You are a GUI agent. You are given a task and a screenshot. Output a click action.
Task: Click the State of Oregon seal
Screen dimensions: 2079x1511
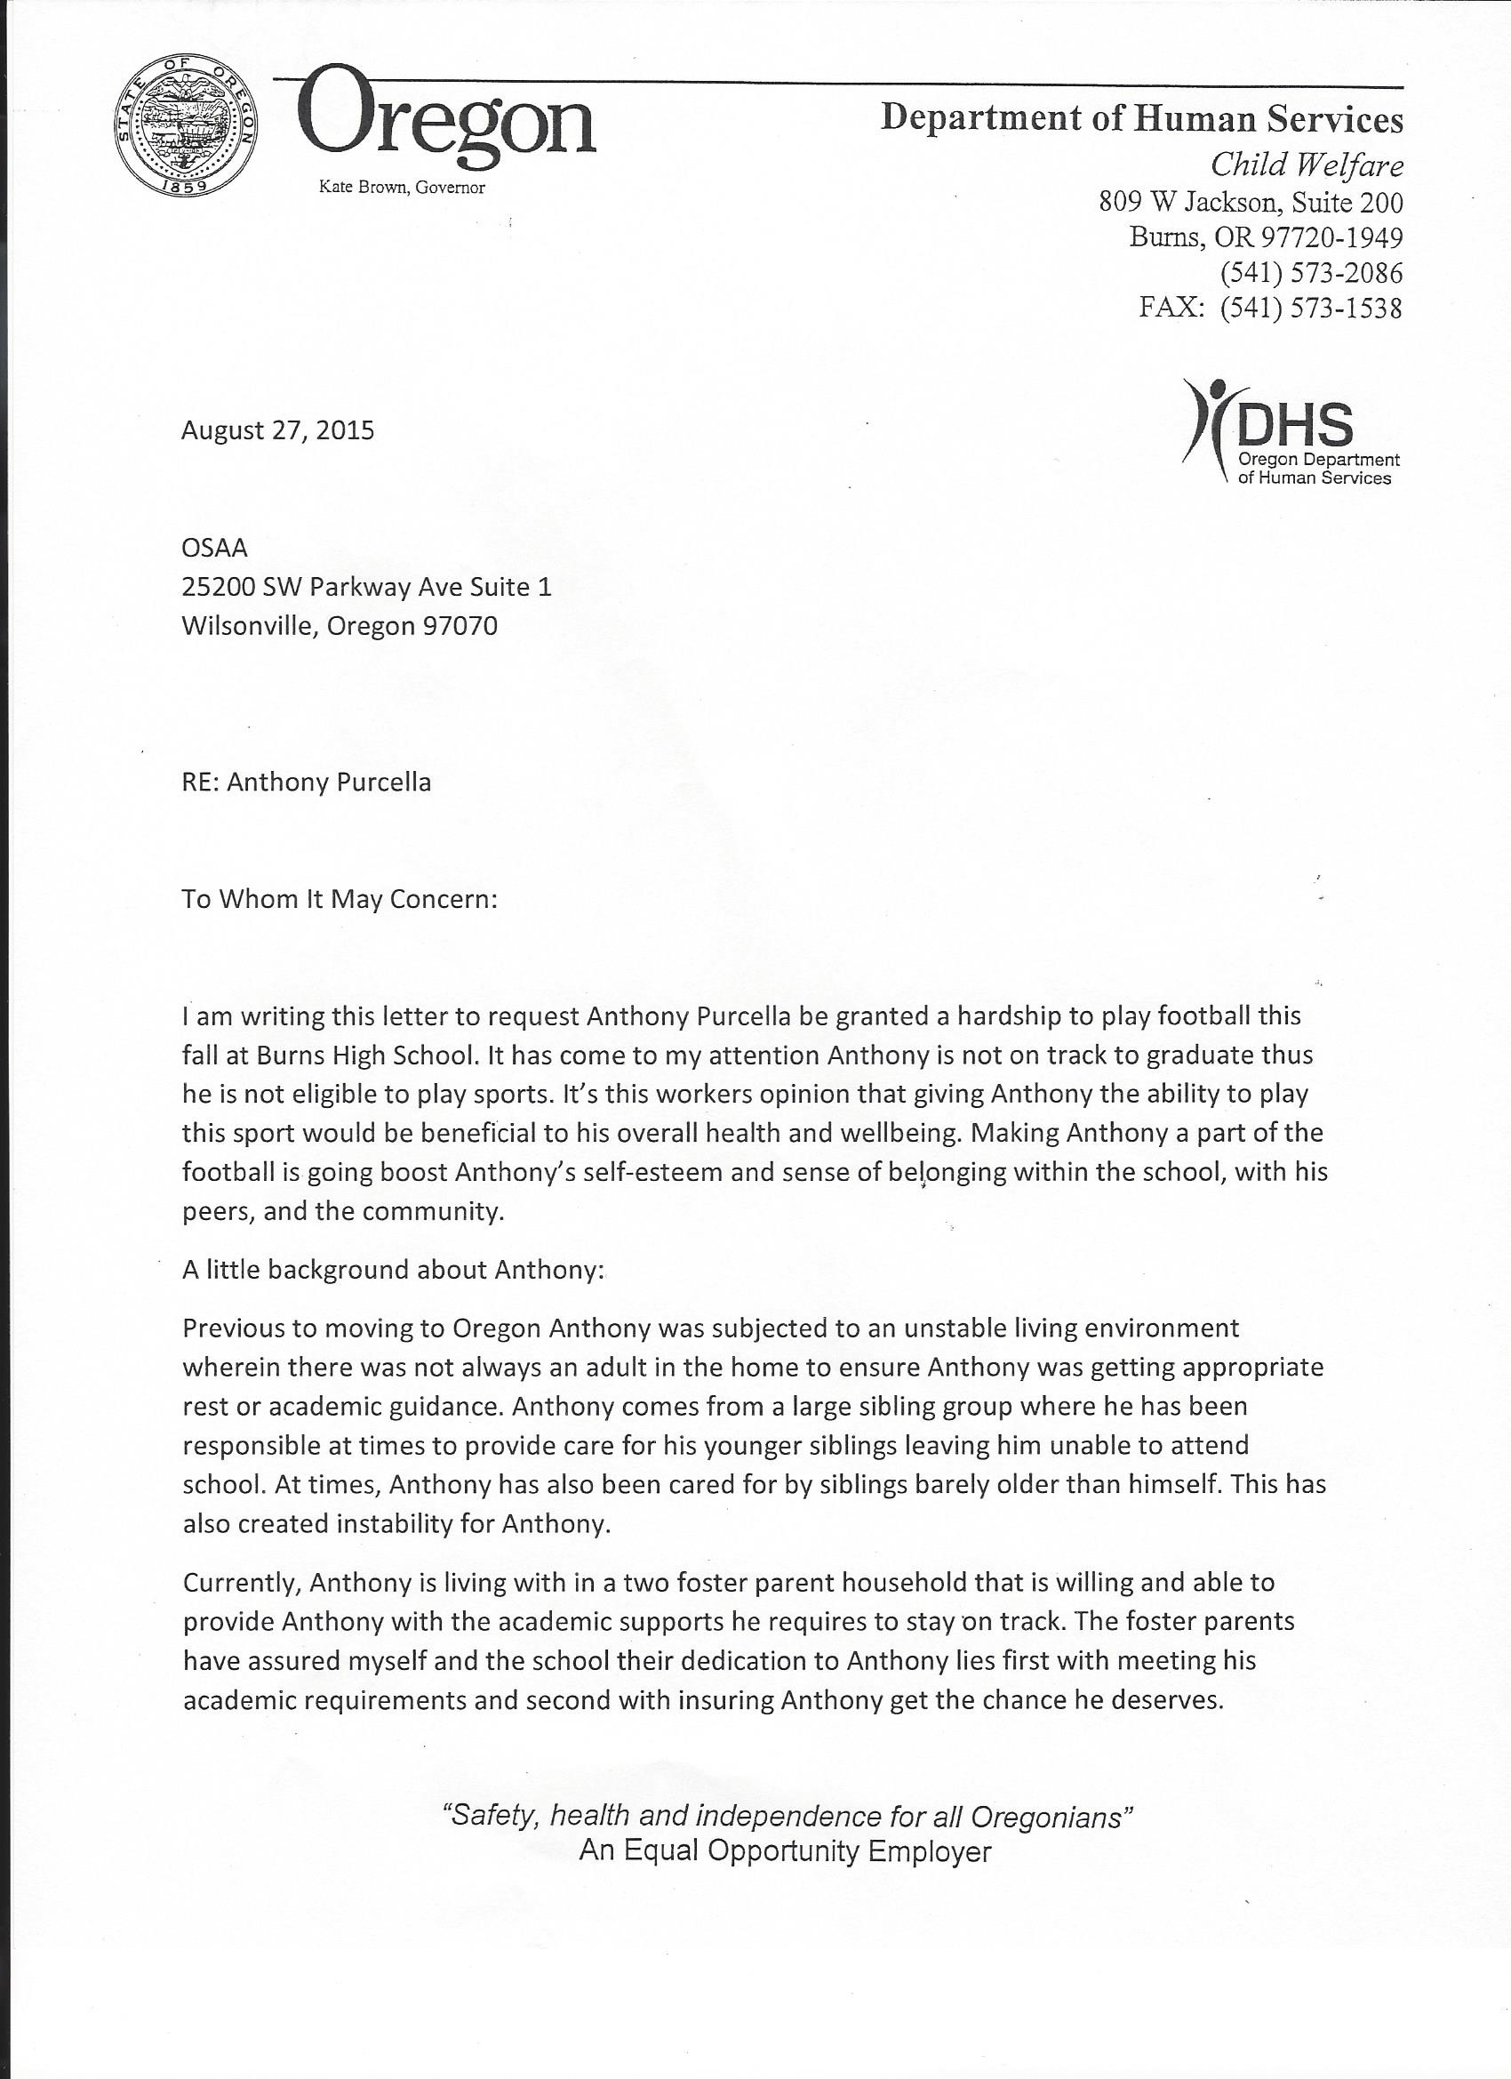point(187,131)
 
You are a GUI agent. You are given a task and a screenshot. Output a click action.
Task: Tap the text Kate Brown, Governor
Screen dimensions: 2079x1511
point(402,188)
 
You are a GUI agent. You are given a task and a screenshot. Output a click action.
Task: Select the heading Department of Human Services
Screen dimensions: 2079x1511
point(1141,119)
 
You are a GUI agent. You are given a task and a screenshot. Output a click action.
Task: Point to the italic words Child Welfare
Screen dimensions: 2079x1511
point(1306,165)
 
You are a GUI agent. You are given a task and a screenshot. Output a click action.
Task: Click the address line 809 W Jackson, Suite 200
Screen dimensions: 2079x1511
point(1251,202)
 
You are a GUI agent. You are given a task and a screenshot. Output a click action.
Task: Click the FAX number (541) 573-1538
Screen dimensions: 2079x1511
point(1310,308)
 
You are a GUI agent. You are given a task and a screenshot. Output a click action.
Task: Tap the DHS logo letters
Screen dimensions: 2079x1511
point(1294,423)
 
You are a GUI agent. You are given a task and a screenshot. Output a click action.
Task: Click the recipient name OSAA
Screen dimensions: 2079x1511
point(214,548)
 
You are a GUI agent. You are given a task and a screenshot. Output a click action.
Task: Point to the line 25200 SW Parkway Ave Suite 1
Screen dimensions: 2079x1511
point(366,587)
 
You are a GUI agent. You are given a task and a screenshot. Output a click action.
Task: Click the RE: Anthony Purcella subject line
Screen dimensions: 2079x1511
point(306,782)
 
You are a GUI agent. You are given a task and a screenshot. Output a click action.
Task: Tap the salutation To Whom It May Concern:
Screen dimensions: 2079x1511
point(339,898)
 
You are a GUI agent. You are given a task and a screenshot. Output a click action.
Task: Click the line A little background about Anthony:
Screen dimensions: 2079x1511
point(394,1270)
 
